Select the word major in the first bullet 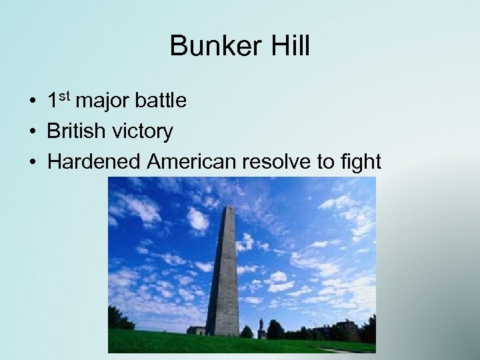click(103, 101)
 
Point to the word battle click(160, 101)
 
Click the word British click(75, 131)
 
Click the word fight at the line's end click(359, 161)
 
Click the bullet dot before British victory click(32, 132)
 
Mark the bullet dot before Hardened click(32, 162)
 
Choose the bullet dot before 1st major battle click(32, 102)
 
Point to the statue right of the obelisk click(261, 327)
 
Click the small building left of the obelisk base click(197, 330)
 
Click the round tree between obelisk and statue click(247, 331)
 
